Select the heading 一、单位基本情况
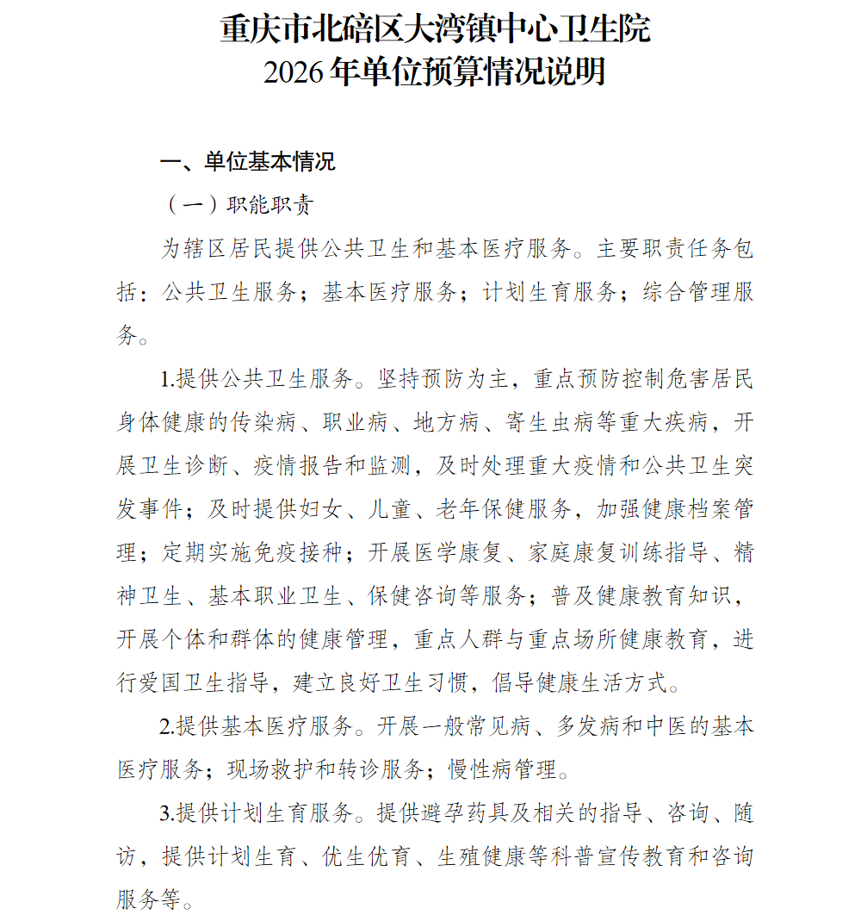click(x=248, y=162)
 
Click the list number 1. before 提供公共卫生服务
click(x=167, y=380)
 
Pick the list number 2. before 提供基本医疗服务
click(x=167, y=726)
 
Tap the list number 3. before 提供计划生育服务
click(x=167, y=813)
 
